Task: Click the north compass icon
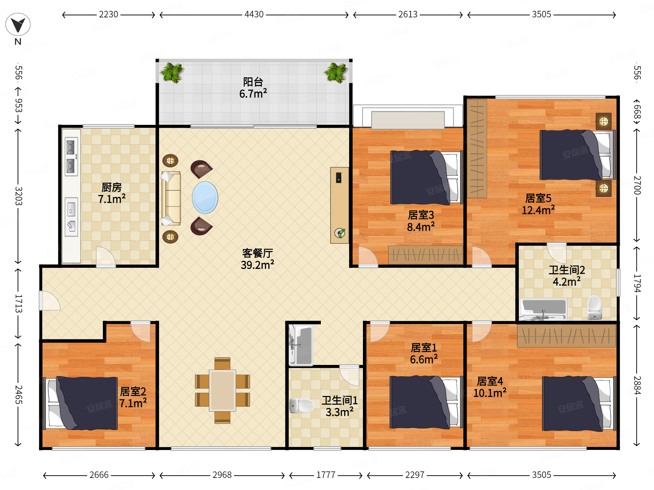point(18,24)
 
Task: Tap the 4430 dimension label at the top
point(254,14)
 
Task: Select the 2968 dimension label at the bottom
point(222,475)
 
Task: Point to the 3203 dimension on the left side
point(18,196)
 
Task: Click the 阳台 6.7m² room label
point(253,88)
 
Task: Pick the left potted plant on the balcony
point(172,72)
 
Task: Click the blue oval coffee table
point(205,197)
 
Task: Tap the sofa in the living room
point(171,198)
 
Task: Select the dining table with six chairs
point(222,390)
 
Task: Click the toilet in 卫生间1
point(301,406)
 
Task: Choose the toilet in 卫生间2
point(594,308)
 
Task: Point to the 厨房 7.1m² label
point(111,193)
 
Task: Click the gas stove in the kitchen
point(71,157)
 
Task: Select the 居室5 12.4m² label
point(538,204)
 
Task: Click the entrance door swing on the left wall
point(49,301)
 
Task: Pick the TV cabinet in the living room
point(339,205)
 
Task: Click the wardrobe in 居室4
point(566,336)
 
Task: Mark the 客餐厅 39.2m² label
point(257,259)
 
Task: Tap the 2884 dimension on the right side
point(637,385)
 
